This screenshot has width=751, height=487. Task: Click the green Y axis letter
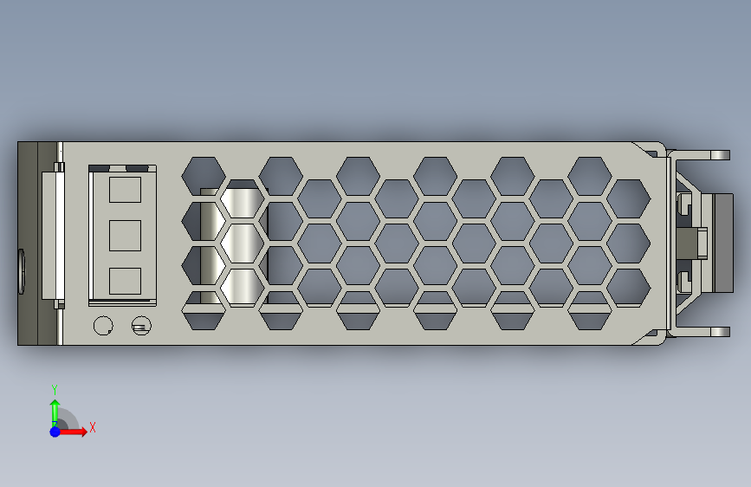(55, 390)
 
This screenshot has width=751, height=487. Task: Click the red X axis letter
(93, 427)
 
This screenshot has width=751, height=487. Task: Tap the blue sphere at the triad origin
(55, 432)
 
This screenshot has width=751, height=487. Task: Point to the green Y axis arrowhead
(55, 405)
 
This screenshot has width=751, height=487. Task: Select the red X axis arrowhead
(83, 432)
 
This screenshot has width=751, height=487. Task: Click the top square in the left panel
(125, 190)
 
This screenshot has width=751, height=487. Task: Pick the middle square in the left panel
(125, 236)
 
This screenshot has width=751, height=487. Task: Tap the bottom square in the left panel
(125, 281)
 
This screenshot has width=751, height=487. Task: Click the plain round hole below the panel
(103, 326)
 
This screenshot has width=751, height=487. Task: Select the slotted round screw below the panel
(141, 326)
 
